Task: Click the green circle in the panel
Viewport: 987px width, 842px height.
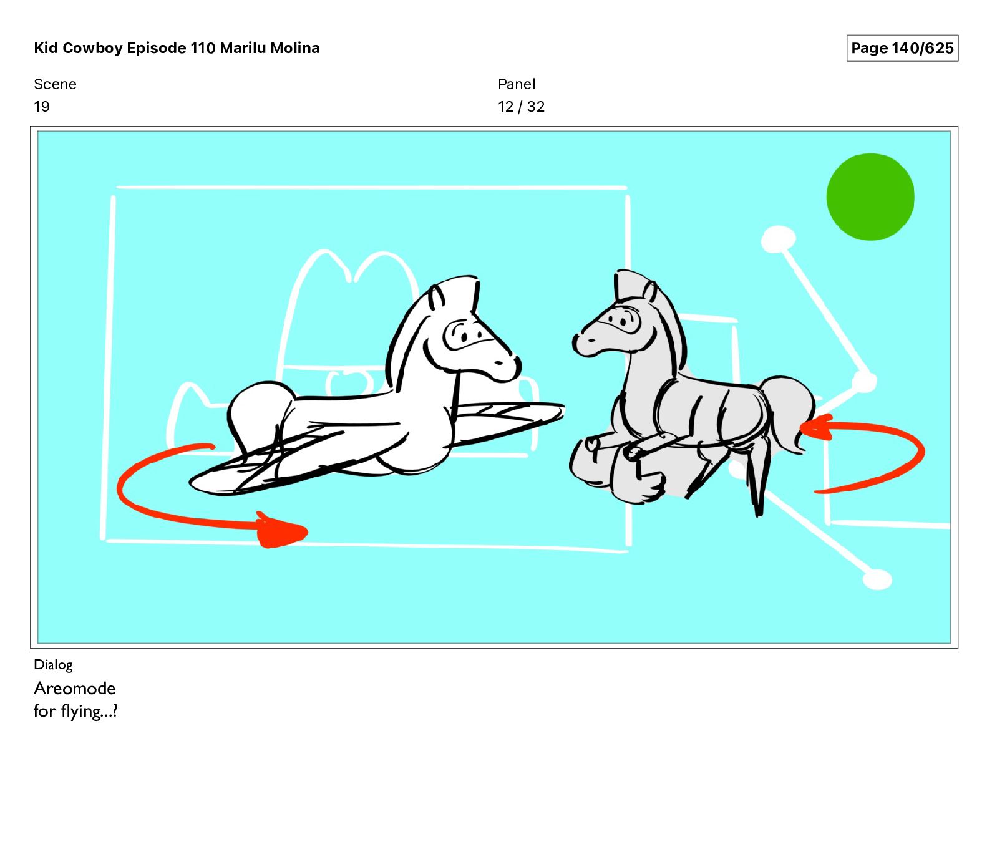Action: click(870, 196)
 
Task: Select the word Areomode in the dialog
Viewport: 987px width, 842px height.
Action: click(75, 689)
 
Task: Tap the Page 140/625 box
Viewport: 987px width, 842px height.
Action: click(902, 48)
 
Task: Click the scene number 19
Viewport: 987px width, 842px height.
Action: click(42, 107)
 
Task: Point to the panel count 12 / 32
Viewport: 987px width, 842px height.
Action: click(521, 107)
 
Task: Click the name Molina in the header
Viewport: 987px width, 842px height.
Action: click(295, 48)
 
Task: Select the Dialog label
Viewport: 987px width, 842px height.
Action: click(53, 665)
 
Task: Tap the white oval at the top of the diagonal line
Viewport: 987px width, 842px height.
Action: click(778, 240)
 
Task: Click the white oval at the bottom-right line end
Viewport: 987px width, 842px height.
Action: click(877, 579)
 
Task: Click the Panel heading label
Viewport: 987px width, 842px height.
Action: click(517, 84)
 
